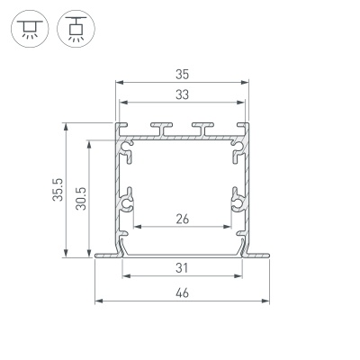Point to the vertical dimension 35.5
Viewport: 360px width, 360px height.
[57, 191]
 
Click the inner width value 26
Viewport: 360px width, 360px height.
[182, 217]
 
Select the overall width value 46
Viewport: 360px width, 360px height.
[182, 292]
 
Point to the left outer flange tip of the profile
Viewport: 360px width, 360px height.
[97, 256]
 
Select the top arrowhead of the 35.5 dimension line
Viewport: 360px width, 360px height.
[66, 127]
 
